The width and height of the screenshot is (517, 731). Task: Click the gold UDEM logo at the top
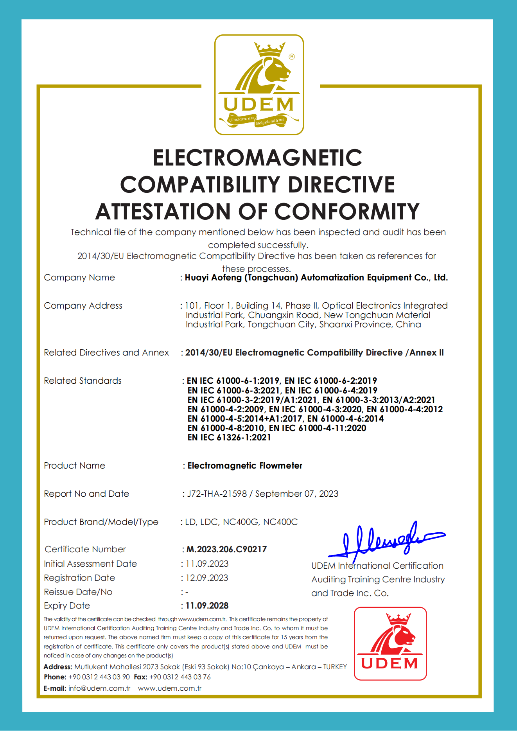pyautogui.click(x=259, y=85)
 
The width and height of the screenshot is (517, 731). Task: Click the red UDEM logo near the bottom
pyautogui.click(x=390, y=643)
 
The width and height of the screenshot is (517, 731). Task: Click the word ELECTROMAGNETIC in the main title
pyautogui.click(x=257, y=158)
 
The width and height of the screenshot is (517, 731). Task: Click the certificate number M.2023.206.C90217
pyautogui.click(x=226, y=549)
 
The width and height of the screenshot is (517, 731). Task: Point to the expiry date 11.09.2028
pyautogui.click(x=207, y=605)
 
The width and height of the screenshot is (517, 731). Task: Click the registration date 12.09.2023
pyautogui.click(x=207, y=578)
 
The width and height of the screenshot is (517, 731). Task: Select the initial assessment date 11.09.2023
pyautogui.click(x=207, y=564)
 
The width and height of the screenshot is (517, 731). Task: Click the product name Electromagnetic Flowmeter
pyautogui.click(x=245, y=465)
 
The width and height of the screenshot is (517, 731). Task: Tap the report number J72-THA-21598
pyautogui.click(x=217, y=494)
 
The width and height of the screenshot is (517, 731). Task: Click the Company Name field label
pyautogui.click(x=79, y=277)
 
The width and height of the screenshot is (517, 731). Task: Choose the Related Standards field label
pyautogui.click(x=83, y=381)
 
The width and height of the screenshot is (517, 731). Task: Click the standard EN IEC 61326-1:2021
pyautogui.click(x=229, y=437)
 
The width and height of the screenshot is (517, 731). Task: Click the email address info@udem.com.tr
pyautogui.click(x=99, y=688)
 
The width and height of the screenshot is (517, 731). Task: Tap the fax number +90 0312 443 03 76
pyautogui.click(x=180, y=677)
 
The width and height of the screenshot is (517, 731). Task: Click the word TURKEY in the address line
pyautogui.click(x=335, y=666)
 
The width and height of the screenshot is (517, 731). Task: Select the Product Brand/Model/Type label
pyautogui.click(x=101, y=522)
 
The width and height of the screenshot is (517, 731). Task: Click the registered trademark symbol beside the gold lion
pyautogui.click(x=292, y=57)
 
